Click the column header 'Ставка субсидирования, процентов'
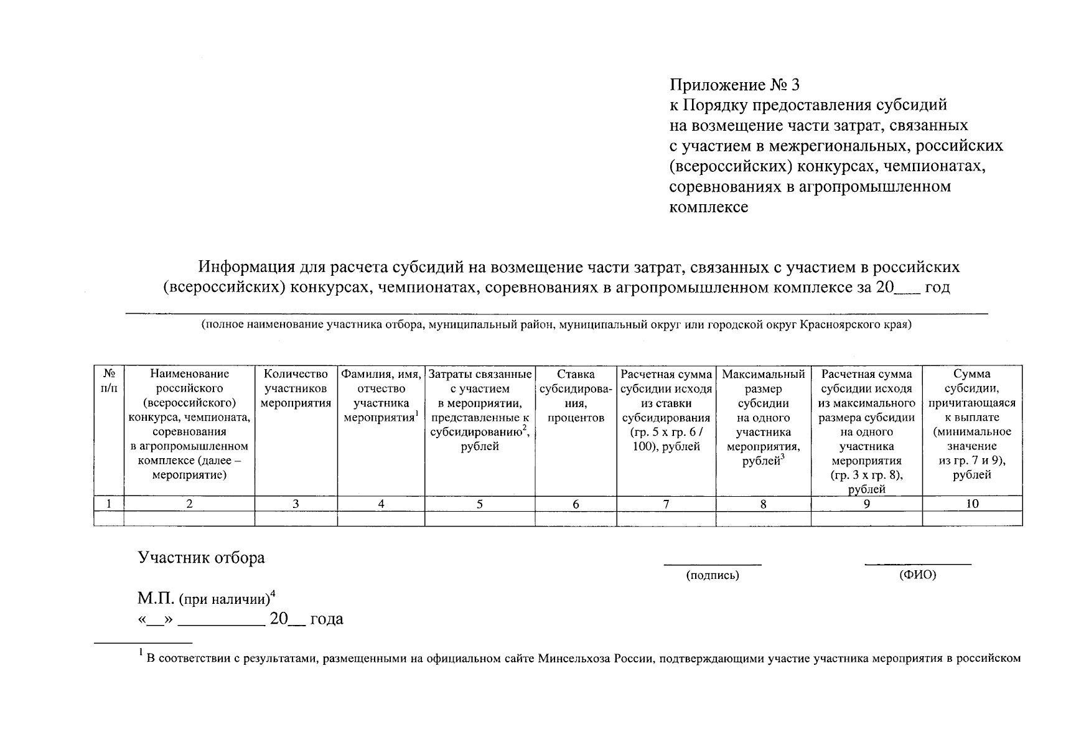(x=576, y=396)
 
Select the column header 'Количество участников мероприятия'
(x=296, y=388)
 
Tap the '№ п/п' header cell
(x=109, y=381)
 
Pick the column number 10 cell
(x=972, y=504)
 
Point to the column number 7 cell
(x=666, y=504)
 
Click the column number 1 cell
(x=109, y=504)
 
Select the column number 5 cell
(x=479, y=504)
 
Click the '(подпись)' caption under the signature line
(x=713, y=576)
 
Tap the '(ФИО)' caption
(x=917, y=576)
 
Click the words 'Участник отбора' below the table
(x=201, y=558)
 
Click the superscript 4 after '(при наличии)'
(x=273, y=594)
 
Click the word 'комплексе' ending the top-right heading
(x=709, y=207)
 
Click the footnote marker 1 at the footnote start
(x=141, y=653)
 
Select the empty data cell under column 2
(x=189, y=519)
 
